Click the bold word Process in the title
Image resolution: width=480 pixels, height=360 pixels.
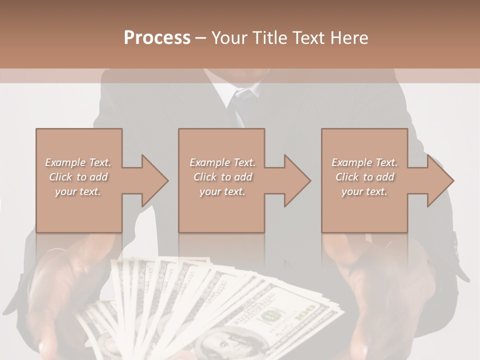(x=157, y=38)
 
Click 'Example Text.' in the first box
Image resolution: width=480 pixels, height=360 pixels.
(x=78, y=162)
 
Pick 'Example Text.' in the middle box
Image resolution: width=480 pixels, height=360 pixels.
(x=222, y=162)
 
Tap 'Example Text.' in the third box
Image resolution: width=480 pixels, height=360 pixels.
(x=364, y=162)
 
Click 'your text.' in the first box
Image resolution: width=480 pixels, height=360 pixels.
(x=78, y=191)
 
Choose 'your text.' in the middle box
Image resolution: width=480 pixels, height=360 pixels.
(x=222, y=191)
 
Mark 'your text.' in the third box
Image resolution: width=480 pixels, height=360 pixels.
(x=364, y=191)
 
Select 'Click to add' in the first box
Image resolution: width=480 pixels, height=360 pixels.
(x=78, y=177)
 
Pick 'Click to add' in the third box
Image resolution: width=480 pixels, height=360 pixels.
(x=364, y=177)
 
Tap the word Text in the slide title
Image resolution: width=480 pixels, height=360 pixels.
(x=305, y=38)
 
